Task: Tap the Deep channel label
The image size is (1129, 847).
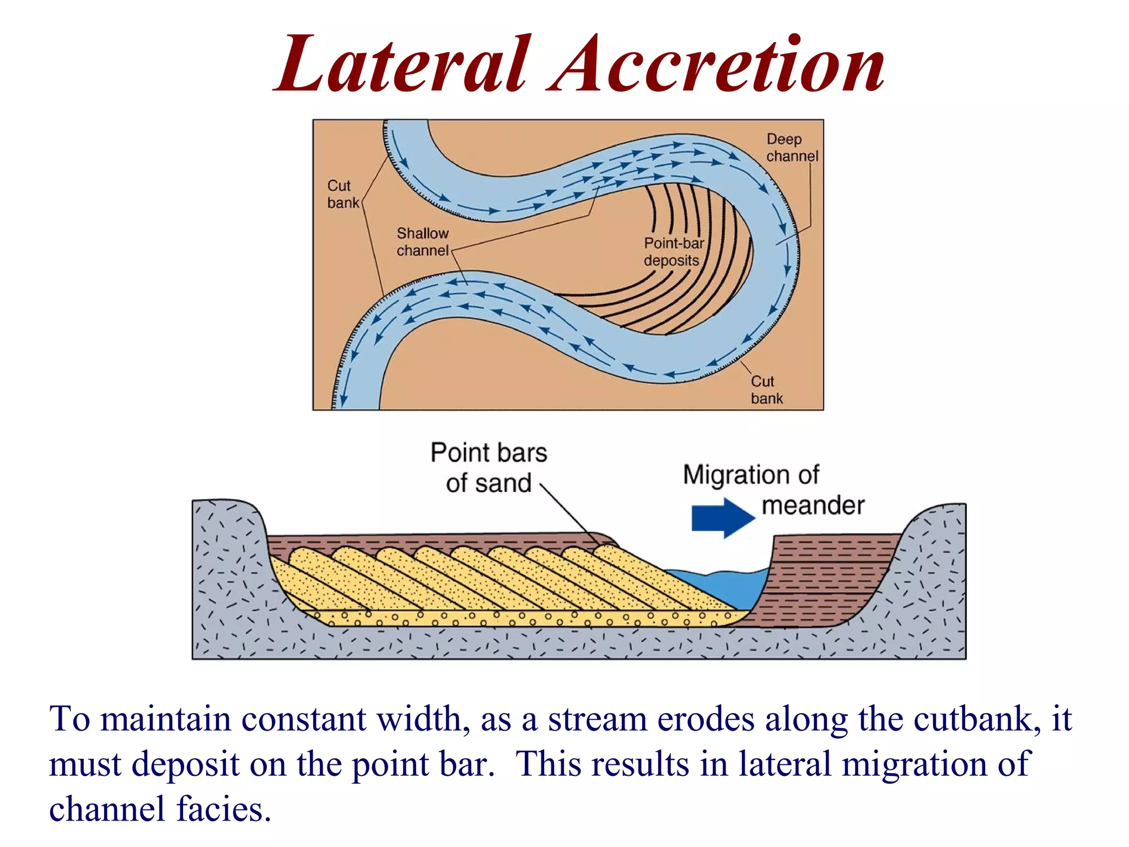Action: click(792, 148)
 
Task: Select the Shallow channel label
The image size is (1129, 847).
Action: click(422, 242)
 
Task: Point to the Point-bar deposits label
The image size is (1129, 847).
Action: click(673, 251)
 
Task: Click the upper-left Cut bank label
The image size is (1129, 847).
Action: click(342, 194)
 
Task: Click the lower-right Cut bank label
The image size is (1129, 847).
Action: click(766, 389)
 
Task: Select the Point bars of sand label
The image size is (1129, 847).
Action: click(488, 467)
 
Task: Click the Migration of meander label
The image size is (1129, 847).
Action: click(772, 490)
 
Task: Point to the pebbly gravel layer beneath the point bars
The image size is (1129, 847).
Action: click(524, 618)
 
